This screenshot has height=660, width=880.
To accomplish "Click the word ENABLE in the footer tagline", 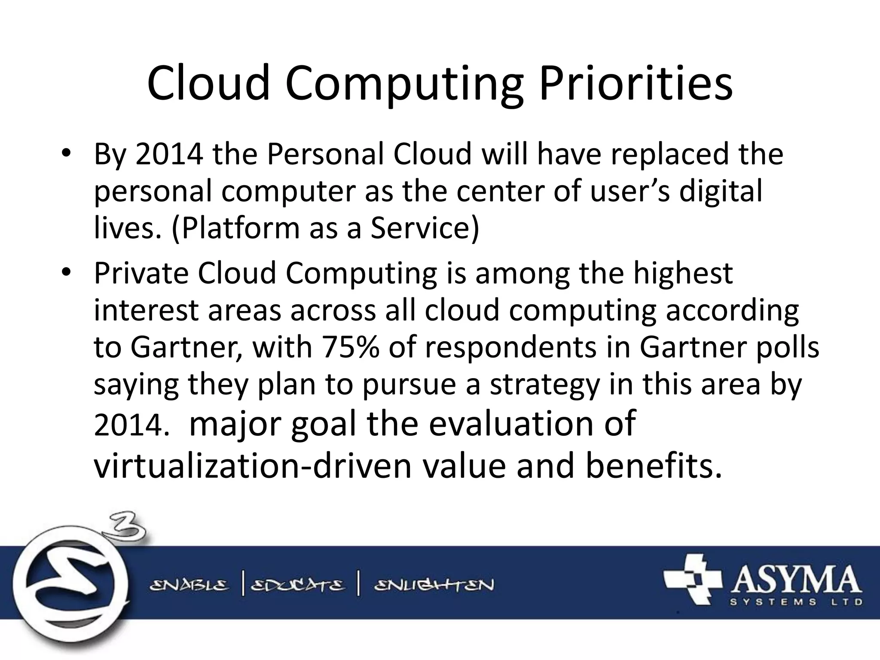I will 189,585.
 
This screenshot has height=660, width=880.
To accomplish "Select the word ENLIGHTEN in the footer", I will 434,585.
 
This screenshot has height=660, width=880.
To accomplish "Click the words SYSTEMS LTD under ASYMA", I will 797,602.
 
